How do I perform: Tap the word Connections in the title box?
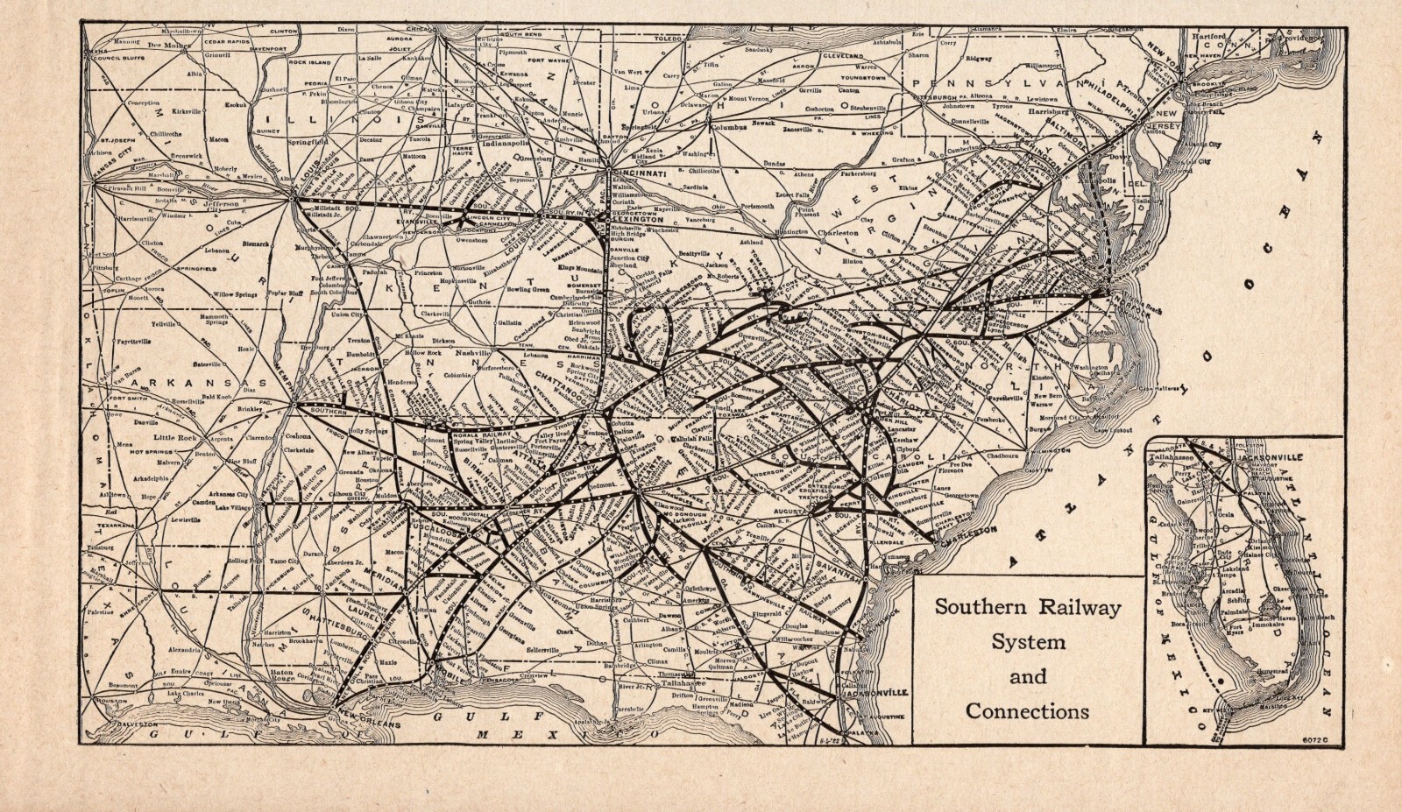click(1028, 710)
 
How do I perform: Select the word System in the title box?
click(1028, 641)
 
